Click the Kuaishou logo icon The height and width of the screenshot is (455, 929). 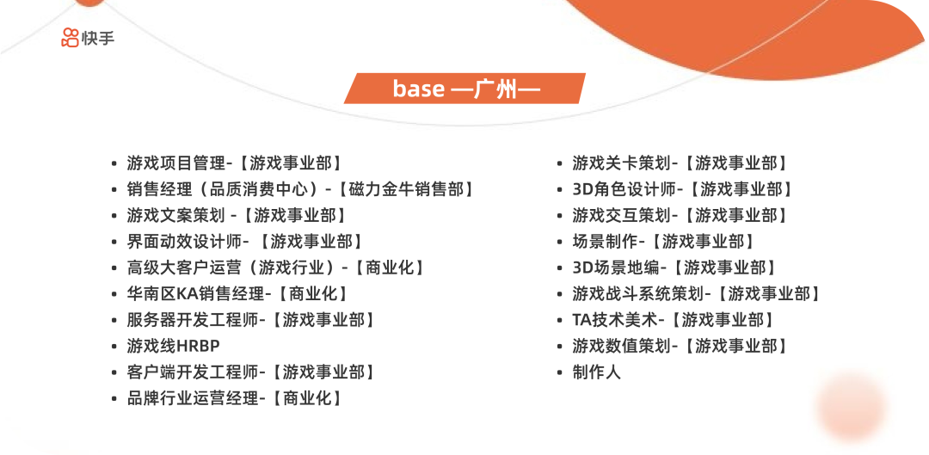pos(70,38)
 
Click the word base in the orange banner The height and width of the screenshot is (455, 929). pos(419,89)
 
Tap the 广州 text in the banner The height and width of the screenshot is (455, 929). pos(495,89)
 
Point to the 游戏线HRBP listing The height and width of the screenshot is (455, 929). pos(174,346)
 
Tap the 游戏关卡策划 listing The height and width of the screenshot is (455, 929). pos(680,163)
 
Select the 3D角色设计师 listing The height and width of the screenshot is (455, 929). pos(683,189)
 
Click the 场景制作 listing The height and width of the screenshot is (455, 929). pos(664,242)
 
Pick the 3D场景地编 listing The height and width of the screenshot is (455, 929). pos(675,267)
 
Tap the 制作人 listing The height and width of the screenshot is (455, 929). pos(597,372)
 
